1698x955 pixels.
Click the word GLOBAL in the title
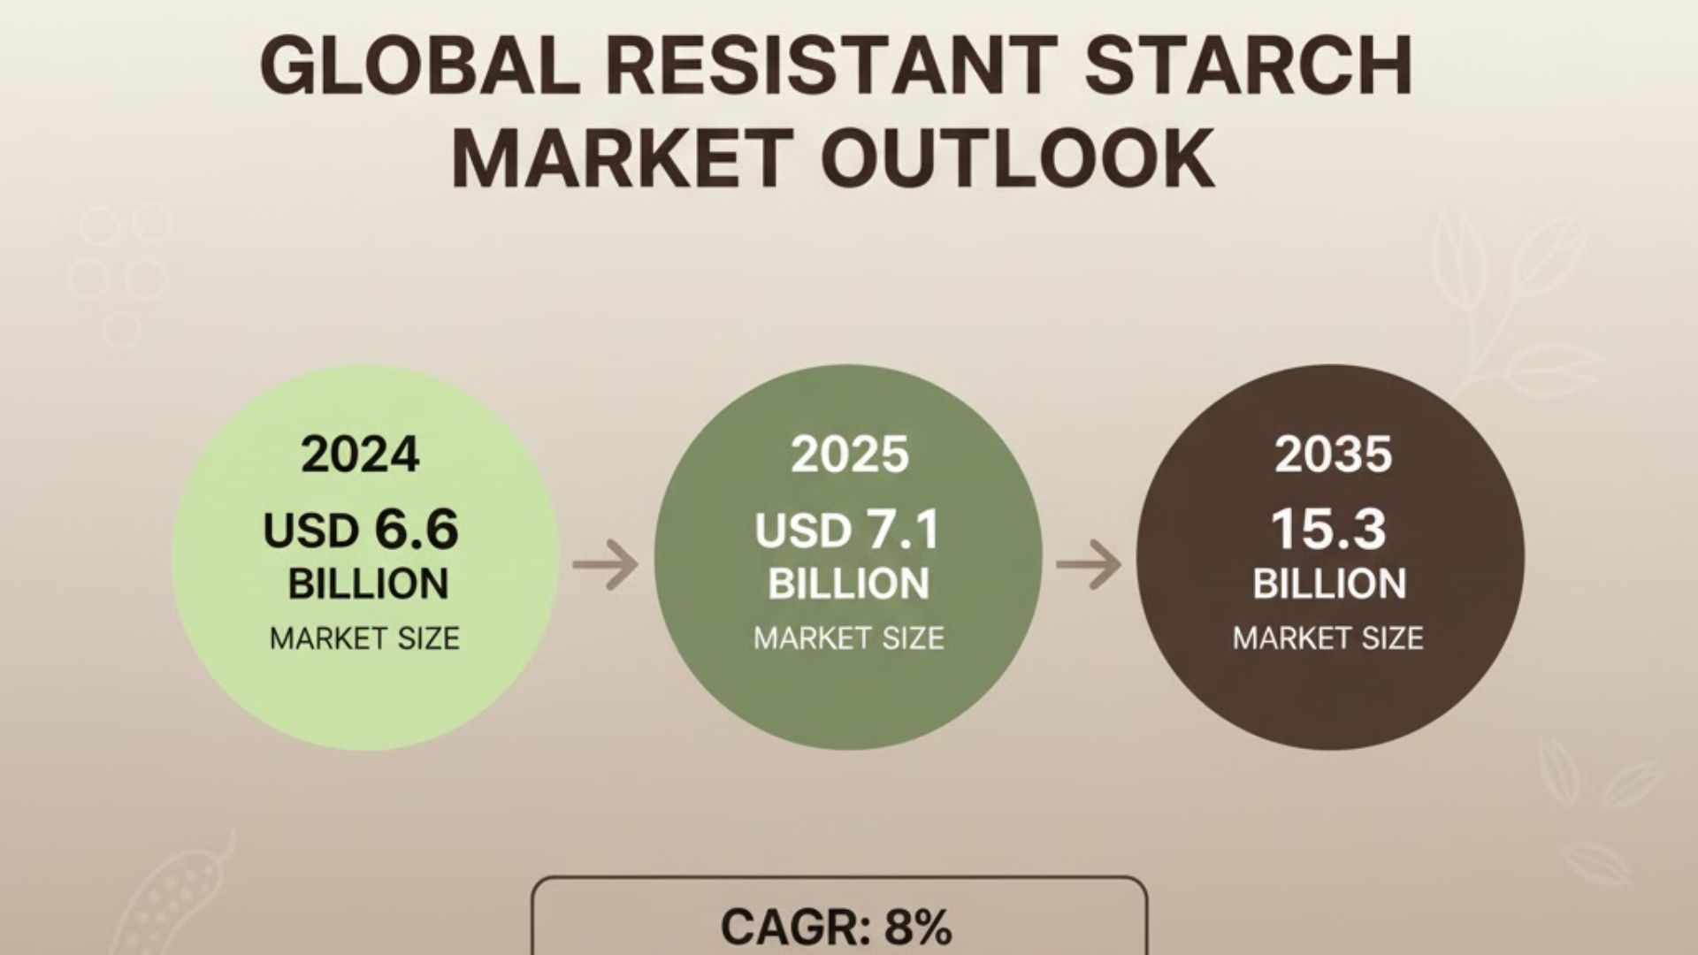[x=418, y=67]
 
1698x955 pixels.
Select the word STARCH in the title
[x=1250, y=67]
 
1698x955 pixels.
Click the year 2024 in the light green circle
[x=360, y=455]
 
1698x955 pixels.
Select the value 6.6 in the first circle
[x=417, y=529]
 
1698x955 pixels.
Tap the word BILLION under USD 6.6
[x=368, y=584]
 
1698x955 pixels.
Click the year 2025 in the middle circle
[x=849, y=455]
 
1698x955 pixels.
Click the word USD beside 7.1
[x=802, y=531]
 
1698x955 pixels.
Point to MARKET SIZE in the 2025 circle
[x=849, y=638]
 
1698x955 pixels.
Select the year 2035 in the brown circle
[x=1333, y=455]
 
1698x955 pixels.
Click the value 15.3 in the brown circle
[x=1328, y=529]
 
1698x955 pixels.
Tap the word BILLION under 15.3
[x=1329, y=584]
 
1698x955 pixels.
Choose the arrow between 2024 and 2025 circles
[x=606, y=562]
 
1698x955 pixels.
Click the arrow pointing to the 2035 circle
[x=1089, y=562]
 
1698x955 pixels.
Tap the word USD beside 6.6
[x=310, y=531]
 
